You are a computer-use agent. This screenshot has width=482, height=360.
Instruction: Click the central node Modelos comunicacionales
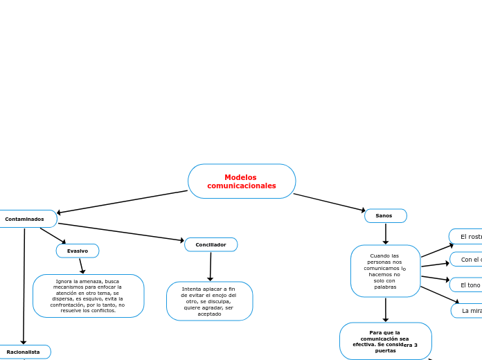click(x=242, y=181)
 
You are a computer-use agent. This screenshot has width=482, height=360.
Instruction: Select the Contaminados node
click(x=26, y=219)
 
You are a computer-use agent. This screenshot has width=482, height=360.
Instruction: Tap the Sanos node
click(x=385, y=216)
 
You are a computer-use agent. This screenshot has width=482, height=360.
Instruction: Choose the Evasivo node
click(x=78, y=251)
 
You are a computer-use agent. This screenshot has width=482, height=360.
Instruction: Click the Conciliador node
click(x=211, y=244)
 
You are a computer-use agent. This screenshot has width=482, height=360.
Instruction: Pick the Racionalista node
click(x=24, y=352)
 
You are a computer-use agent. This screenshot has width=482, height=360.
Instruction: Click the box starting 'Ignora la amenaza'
click(x=88, y=296)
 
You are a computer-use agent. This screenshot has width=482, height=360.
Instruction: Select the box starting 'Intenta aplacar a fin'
click(x=209, y=301)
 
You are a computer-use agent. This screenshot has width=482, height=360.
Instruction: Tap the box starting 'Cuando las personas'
click(x=385, y=271)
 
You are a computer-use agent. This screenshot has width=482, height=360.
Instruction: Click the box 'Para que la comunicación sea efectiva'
click(x=385, y=341)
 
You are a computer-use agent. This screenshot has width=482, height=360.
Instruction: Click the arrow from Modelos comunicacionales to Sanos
click(x=329, y=202)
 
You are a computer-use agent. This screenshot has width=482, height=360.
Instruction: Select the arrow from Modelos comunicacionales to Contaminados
click(x=123, y=202)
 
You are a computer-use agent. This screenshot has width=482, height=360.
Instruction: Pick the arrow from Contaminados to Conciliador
click(x=121, y=232)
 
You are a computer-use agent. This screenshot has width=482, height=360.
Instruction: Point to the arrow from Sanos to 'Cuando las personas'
click(x=386, y=233)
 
